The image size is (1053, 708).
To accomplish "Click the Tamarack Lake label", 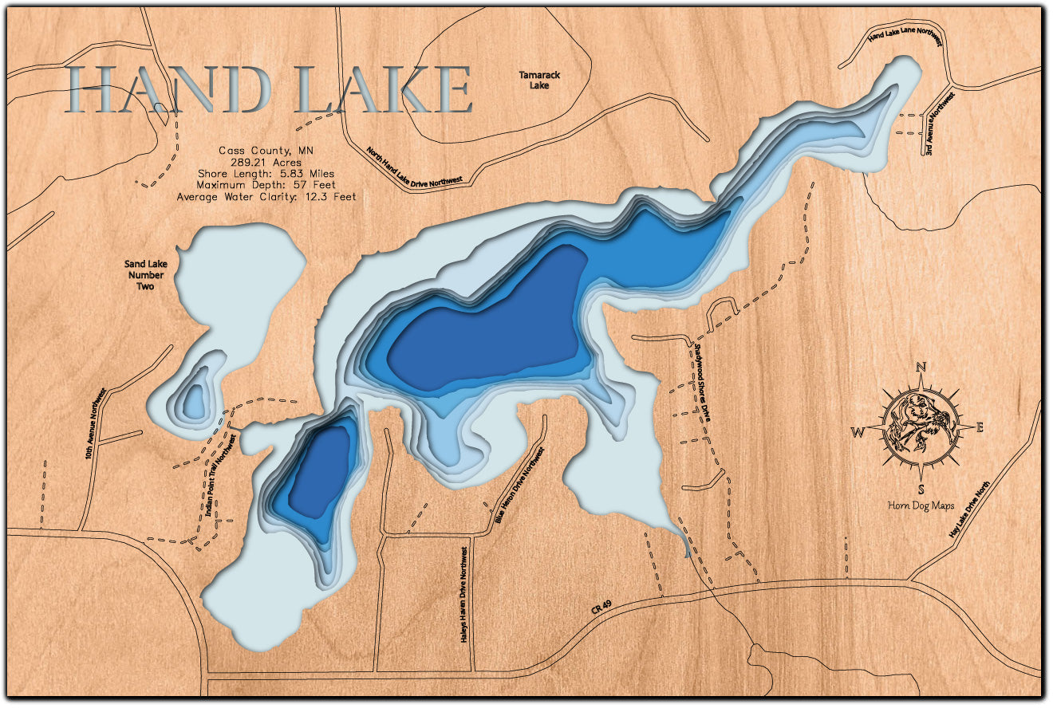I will [539, 80].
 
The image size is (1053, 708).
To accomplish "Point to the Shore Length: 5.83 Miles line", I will [266, 173].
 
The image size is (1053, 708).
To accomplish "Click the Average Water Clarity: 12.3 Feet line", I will [266, 196].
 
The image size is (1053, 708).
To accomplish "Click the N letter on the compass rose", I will [921, 368].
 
